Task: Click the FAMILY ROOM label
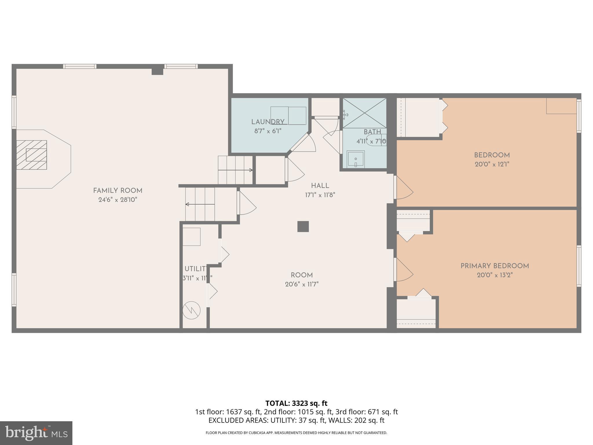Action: pos(118,191)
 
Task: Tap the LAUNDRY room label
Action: pos(268,122)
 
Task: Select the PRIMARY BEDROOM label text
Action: pos(495,266)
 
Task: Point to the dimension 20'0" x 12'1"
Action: pos(492,164)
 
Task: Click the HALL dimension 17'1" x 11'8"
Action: pos(320,195)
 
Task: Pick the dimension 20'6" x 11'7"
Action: pos(302,284)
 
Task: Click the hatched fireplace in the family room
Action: pos(32,155)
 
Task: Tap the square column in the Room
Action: pos(303,227)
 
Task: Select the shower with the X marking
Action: pos(365,113)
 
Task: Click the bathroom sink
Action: pos(356,158)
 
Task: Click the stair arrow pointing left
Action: pos(200,204)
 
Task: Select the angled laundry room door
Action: pos(301,142)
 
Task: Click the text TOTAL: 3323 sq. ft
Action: pos(296,403)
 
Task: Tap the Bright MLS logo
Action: pos(36,433)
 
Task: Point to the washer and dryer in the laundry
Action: pos(288,116)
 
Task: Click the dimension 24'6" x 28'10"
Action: pos(118,200)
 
